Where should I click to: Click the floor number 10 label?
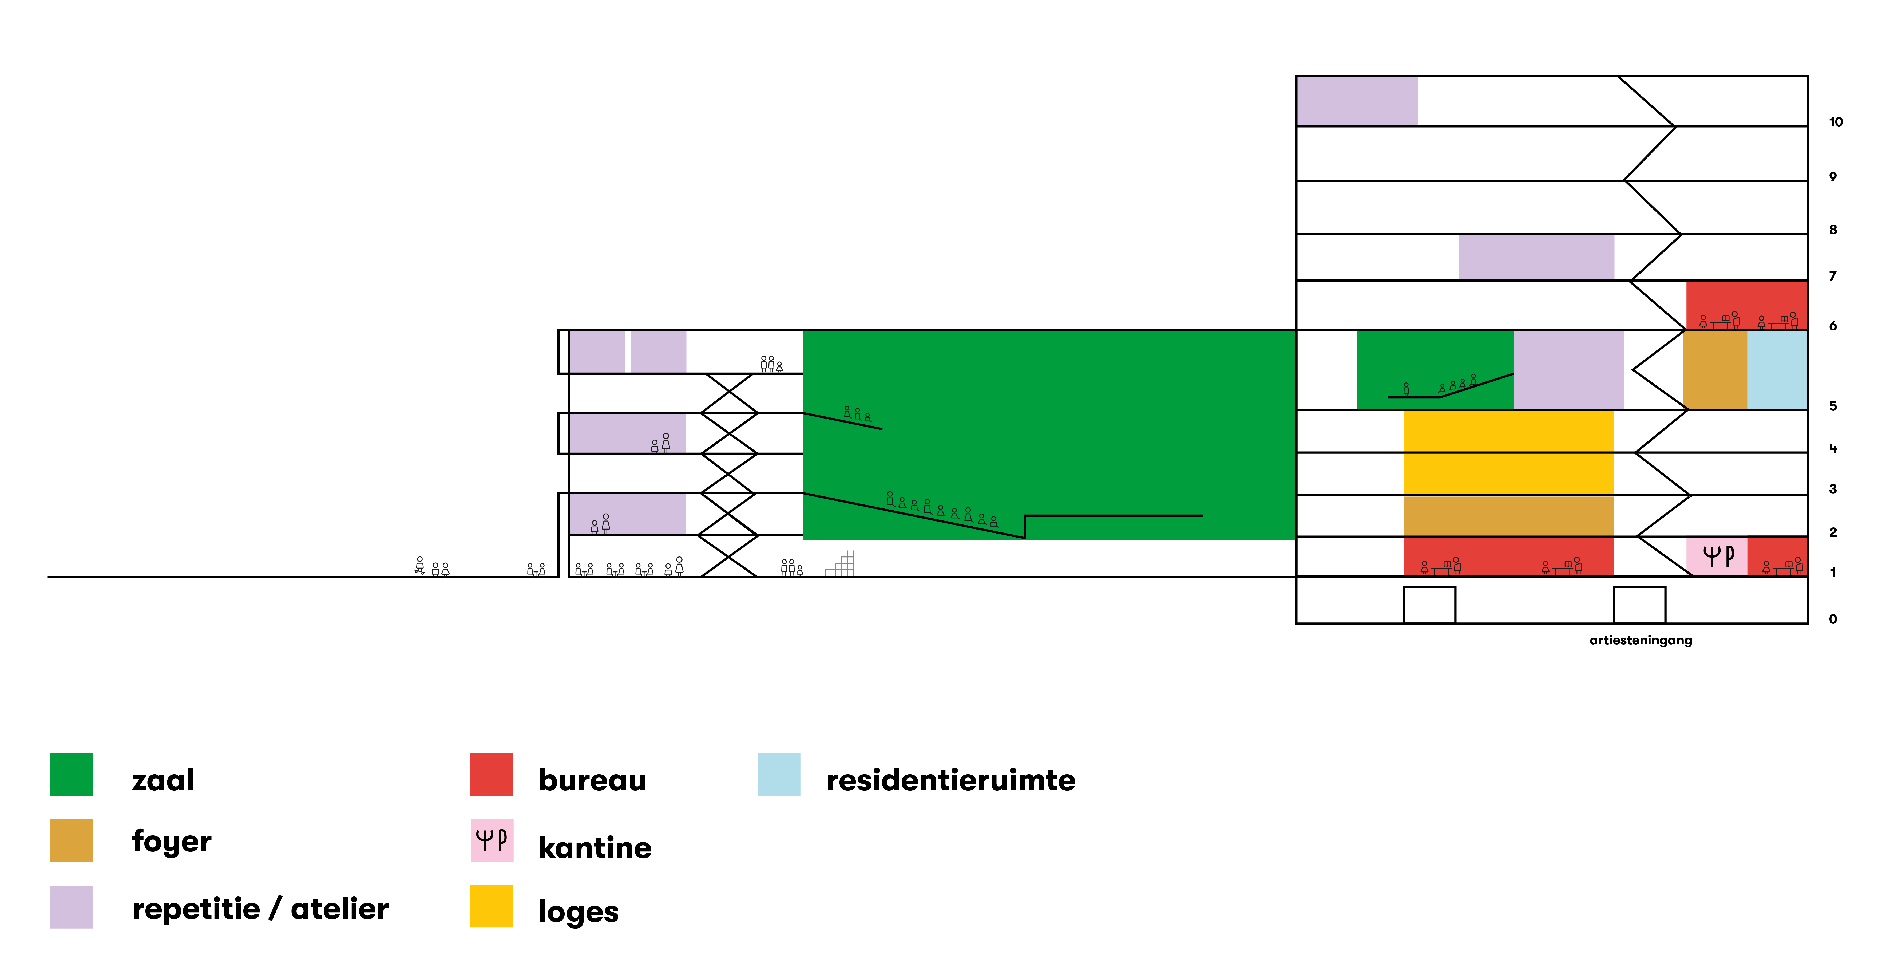[x=1835, y=122]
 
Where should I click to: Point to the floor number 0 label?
[x=1832, y=619]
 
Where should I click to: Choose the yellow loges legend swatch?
[x=491, y=906]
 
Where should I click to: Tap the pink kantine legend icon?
[x=491, y=840]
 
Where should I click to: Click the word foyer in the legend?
[x=171, y=841]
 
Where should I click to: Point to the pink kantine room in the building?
[x=1716, y=556]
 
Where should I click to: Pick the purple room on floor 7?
[x=1536, y=257]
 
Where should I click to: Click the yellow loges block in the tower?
[x=1508, y=452]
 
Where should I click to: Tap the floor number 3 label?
[x=1832, y=489]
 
